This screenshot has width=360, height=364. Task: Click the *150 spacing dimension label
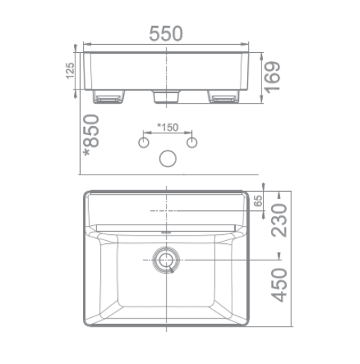(167, 128)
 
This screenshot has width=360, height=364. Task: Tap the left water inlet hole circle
(143, 141)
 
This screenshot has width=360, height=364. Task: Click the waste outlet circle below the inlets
(167, 158)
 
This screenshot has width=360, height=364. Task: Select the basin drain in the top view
(165, 260)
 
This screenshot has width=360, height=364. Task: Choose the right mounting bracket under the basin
(223, 98)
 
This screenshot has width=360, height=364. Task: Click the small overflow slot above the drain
(165, 233)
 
